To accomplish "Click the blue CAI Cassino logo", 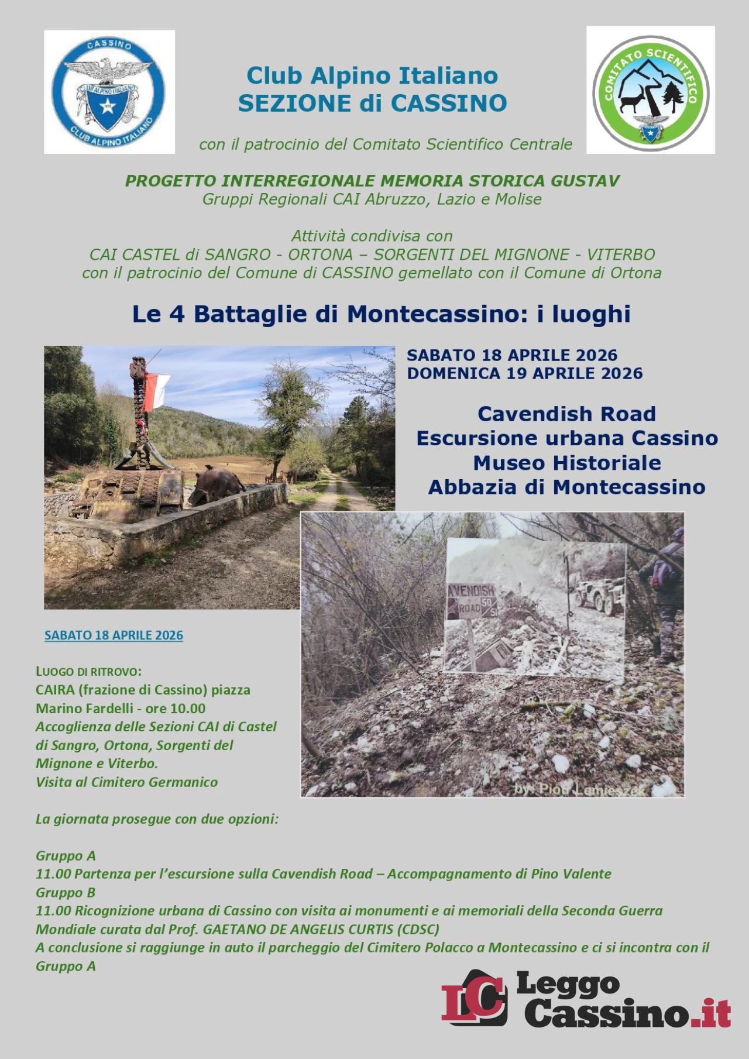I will [109, 92].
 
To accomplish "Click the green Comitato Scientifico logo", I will [651, 91].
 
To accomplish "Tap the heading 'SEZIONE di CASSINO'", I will [372, 103].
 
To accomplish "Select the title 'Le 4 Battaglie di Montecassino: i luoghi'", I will [381, 314].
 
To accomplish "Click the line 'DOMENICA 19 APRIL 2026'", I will [524, 373].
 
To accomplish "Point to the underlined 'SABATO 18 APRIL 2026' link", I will [114, 635].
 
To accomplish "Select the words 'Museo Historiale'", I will [566, 463].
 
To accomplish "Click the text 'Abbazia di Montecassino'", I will [566, 487].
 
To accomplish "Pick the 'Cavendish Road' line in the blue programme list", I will [566, 414].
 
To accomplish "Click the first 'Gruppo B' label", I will [66, 893].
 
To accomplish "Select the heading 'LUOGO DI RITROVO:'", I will [88, 671].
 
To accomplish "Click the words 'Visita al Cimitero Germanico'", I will [126, 782].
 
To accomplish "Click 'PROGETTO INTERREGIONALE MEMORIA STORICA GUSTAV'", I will [372, 181].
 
